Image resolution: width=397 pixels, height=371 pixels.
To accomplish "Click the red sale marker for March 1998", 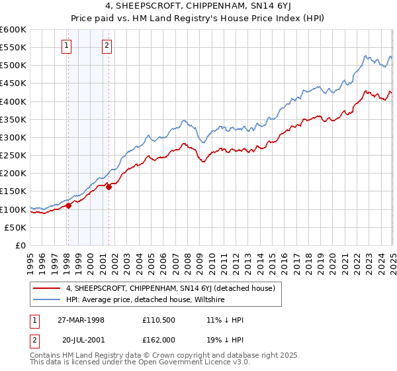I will pyautogui.click(x=68, y=205).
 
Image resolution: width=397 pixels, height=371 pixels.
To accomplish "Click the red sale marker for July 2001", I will pyautogui.click(x=109, y=187).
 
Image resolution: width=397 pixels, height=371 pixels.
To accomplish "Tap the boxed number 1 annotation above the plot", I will pyautogui.click(x=67, y=46).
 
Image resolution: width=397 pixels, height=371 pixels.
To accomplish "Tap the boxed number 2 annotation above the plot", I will pyautogui.click(x=107, y=46).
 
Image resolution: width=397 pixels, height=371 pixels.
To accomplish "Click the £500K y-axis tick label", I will pyautogui.click(x=13, y=66).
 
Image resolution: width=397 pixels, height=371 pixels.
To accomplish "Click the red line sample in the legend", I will pyautogui.click(x=47, y=288).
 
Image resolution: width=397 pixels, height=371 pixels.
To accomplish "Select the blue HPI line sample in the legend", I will pyautogui.click(x=47, y=299).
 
